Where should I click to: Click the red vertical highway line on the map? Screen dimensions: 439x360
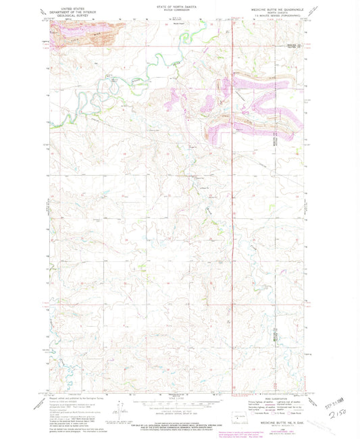tap(233, 203)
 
